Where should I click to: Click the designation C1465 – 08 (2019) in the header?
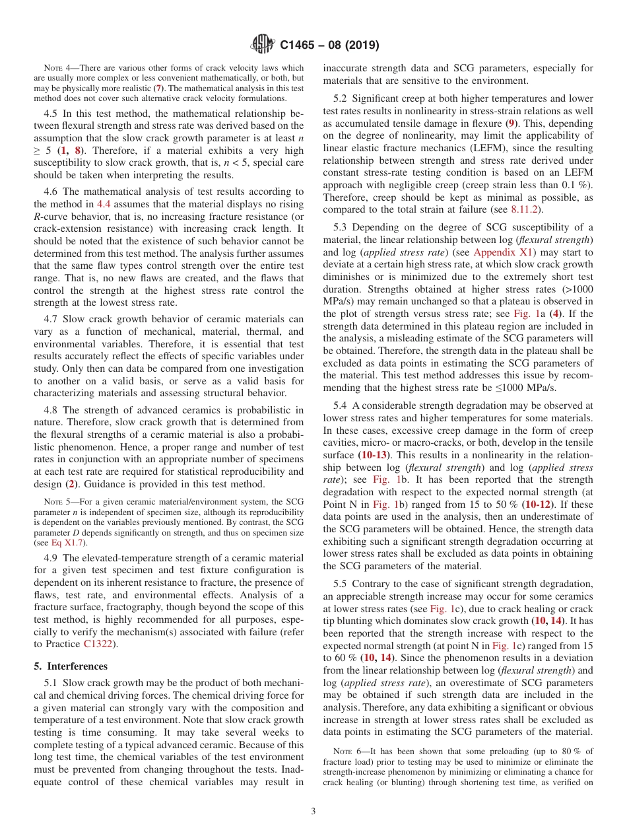[x=329, y=46]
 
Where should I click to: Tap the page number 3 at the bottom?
[x=313, y=812]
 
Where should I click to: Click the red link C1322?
[x=98, y=644]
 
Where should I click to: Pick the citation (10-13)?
[x=374, y=455]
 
